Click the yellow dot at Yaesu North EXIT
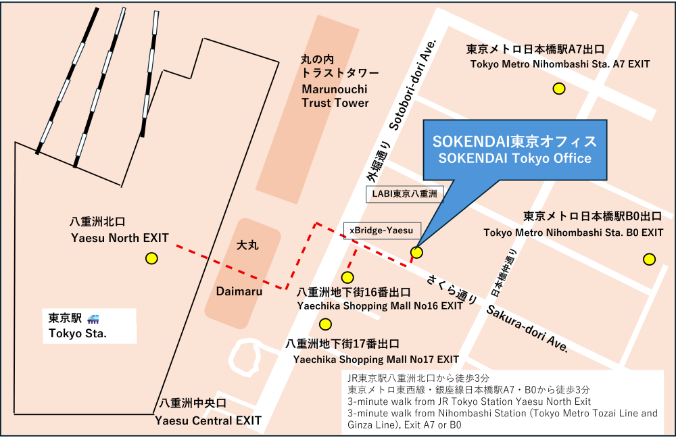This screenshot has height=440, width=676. (151, 258)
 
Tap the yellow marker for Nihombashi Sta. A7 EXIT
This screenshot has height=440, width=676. (559, 88)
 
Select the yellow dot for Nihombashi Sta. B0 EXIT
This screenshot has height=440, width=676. (650, 259)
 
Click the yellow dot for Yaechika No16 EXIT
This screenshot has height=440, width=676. (347, 277)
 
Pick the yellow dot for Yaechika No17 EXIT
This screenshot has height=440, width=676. (326, 324)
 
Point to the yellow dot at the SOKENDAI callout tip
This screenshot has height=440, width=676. (416, 253)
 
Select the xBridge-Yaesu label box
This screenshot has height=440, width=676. (383, 230)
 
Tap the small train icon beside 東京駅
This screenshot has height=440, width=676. (93, 318)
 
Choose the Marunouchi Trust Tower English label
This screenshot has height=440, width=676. (336, 97)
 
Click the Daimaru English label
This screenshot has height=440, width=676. (234, 291)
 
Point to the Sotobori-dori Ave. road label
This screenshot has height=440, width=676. (413, 84)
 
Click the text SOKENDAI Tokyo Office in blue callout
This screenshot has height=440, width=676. (514, 159)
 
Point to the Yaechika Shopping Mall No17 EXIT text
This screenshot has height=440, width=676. (376, 359)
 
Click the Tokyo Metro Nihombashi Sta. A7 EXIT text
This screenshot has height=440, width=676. (560, 64)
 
